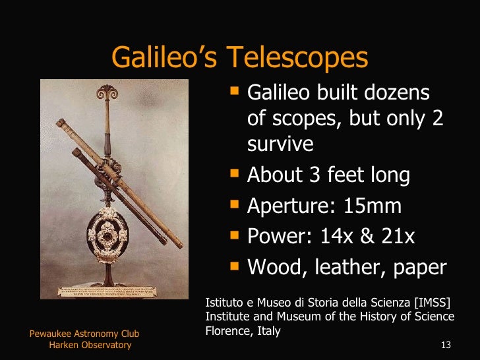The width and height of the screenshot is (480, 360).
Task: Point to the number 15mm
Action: click(373, 206)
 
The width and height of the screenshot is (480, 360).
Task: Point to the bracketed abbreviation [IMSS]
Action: click(433, 303)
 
